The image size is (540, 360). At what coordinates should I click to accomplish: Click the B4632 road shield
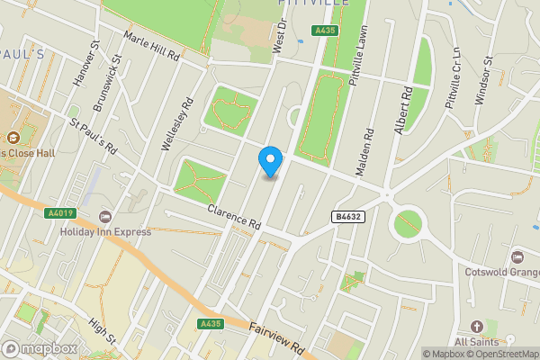pyautogui.click(x=348, y=216)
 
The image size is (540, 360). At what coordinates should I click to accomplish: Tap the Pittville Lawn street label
pyautogui.click(x=361, y=57)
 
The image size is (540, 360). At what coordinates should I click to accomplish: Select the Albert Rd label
pyautogui.click(x=401, y=111)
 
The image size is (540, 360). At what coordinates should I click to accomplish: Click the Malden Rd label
pyautogui.click(x=368, y=149)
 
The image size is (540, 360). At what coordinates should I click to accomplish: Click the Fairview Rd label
pyautogui.click(x=279, y=338)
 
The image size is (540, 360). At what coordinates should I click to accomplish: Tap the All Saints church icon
pyautogui.click(x=477, y=326)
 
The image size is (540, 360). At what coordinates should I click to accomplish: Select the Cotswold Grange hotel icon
pyautogui.click(x=517, y=257)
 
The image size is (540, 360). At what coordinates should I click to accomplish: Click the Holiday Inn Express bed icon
pyautogui.click(x=106, y=217)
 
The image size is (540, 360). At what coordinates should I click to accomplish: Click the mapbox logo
pyautogui.click(x=40, y=348)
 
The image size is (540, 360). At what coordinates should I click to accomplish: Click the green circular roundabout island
pyautogui.click(x=408, y=222)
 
